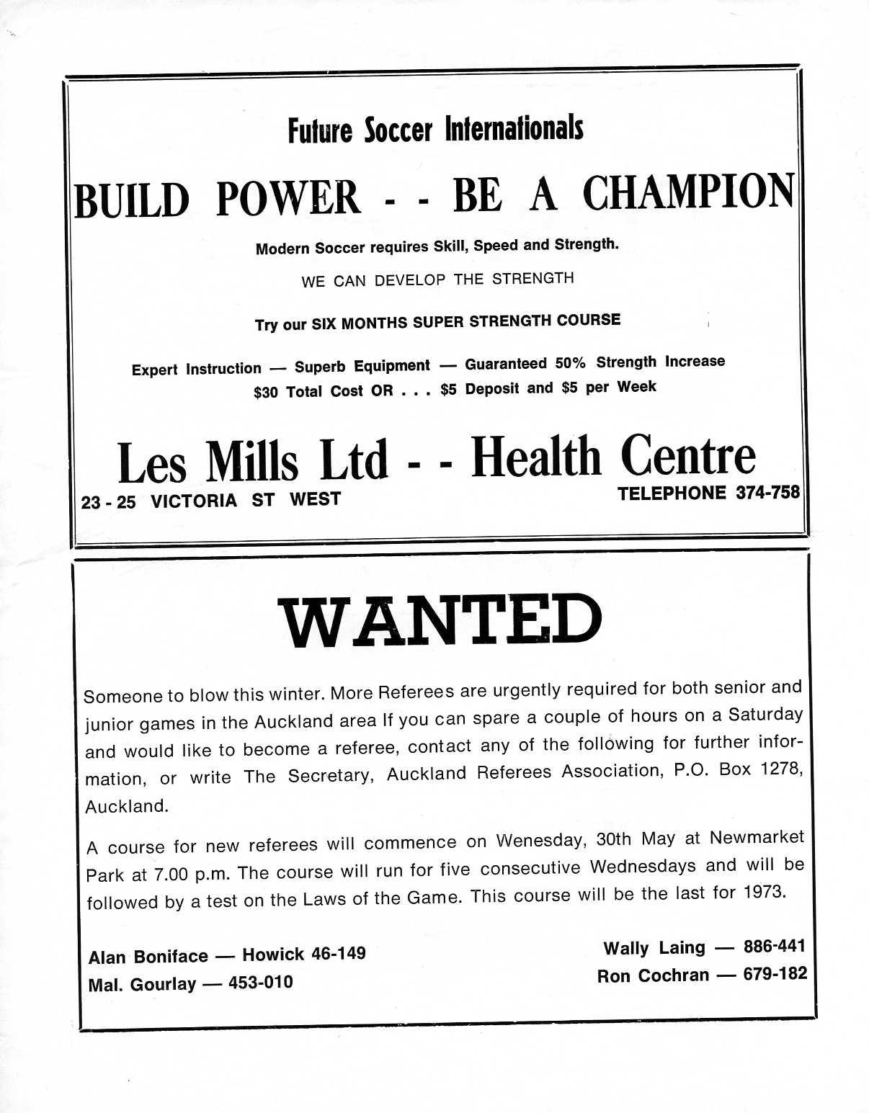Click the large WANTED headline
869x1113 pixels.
pos(440,622)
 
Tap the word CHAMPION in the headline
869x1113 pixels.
pos(688,193)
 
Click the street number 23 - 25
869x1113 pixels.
pos(108,502)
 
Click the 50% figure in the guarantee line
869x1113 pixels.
pos(570,363)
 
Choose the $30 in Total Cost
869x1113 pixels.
pos(266,393)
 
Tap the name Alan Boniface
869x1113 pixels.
pos(148,957)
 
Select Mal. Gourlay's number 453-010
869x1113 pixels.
pos(261,983)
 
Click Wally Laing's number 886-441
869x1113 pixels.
pos(774,946)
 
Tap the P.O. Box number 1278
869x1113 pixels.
pos(781,769)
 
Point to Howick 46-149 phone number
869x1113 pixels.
pos(303,955)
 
